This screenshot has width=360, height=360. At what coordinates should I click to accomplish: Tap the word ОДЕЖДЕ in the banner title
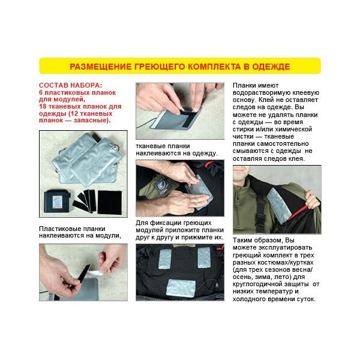pos(271,67)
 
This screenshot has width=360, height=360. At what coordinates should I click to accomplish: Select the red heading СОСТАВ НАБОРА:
pos(70,85)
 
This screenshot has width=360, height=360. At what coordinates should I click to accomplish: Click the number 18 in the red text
pos(43,107)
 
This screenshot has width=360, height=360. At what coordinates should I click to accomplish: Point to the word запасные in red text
pos(90,121)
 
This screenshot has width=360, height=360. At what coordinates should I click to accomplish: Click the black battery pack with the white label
pos(57,202)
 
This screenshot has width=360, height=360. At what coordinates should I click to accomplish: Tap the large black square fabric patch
pos(110,202)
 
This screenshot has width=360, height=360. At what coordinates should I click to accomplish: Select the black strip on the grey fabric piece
pos(188,117)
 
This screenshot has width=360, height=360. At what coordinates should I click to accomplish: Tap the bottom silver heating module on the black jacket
pos(181,289)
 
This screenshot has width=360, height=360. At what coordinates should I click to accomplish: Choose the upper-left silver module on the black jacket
pos(165,259)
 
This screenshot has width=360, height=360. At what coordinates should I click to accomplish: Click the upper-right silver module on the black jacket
pos(204,257)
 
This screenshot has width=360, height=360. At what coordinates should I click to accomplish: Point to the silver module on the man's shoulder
pos(278,205)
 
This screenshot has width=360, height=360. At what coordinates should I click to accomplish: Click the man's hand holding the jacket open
pos(312,200)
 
